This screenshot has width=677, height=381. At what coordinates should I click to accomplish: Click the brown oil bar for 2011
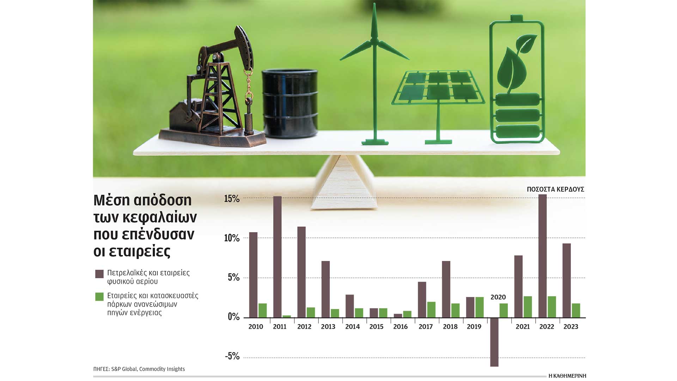[277, 257]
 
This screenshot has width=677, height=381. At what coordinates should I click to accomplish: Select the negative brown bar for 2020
[494, 342]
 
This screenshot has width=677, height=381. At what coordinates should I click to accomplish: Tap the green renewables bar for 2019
[480, 307]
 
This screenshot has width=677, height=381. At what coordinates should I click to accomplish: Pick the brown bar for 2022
[543, 256]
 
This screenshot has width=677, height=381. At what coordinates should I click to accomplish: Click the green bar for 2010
[263, 310]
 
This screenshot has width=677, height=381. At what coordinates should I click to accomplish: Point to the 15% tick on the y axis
[232, 199]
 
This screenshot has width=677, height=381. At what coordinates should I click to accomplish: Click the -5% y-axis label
[232, 356]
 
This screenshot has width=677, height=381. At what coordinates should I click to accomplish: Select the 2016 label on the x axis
[401, 327]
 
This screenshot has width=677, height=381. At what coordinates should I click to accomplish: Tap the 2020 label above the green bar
[498, 297]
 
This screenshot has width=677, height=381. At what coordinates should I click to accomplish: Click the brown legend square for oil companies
[99, 274]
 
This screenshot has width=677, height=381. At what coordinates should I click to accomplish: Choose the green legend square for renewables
[99, 296]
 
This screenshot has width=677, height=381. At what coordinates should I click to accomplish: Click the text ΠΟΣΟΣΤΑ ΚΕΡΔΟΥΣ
[555, 189]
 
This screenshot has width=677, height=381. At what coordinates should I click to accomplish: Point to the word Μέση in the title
[112, 200]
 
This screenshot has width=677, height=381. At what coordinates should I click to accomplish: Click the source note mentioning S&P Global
[139, 369]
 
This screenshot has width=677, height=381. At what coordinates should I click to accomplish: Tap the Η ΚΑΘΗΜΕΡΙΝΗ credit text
[567, 376]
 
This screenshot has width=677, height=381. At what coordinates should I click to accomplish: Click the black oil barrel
[290, 103]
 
